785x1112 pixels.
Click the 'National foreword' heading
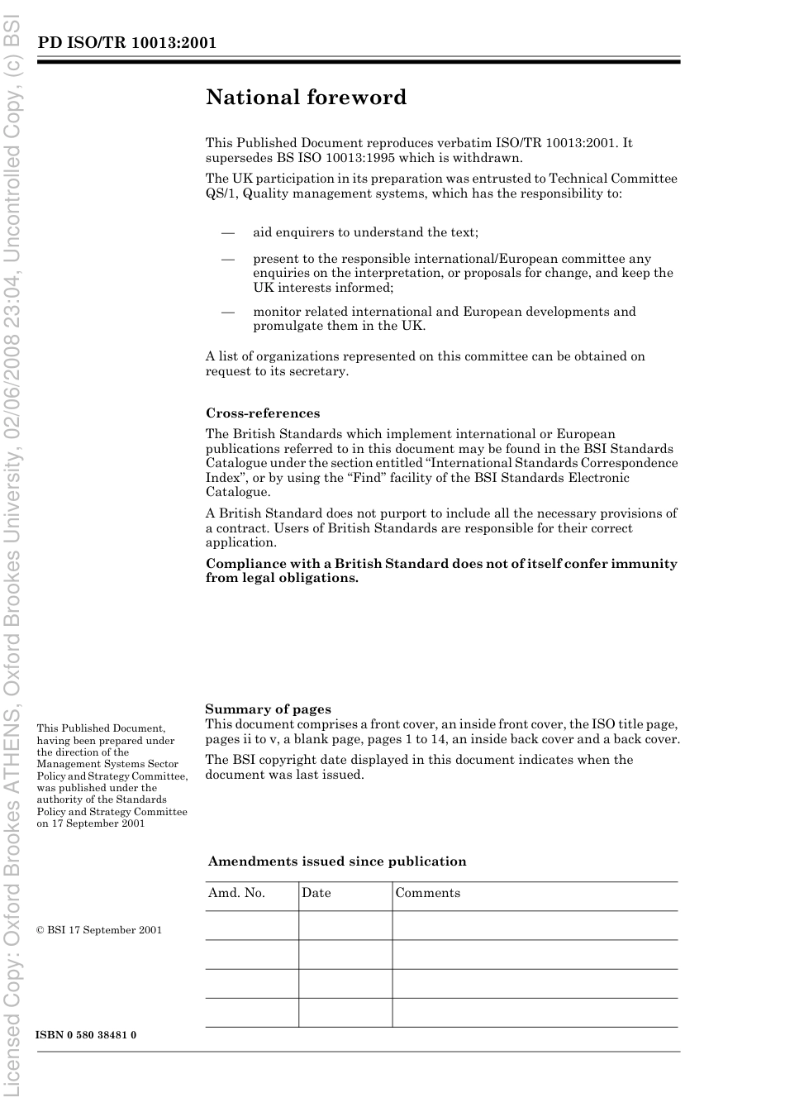[306, 98]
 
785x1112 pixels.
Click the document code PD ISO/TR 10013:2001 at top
[126, 43]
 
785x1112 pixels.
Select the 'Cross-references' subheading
[262, 413]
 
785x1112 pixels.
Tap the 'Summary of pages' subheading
[268, 709]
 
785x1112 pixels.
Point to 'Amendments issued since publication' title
[336, 861]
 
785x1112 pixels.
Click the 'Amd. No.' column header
[236, 893]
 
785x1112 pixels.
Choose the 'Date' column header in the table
[316, 893]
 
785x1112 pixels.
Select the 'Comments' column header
[427, 893]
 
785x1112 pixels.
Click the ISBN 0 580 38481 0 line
[86, 1035]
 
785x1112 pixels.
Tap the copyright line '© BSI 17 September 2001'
[99, 930]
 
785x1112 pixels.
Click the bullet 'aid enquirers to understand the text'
[365, 232]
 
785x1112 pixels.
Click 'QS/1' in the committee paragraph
[221, 193]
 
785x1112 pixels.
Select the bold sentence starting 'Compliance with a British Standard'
[440, 570]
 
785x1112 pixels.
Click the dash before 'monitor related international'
[228, 312]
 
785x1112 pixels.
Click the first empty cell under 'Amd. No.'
[252, 925]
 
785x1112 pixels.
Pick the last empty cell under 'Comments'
[535, 1013]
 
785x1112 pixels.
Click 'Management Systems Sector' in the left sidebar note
[107, 764]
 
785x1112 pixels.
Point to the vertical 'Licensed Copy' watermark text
[13, 556]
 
